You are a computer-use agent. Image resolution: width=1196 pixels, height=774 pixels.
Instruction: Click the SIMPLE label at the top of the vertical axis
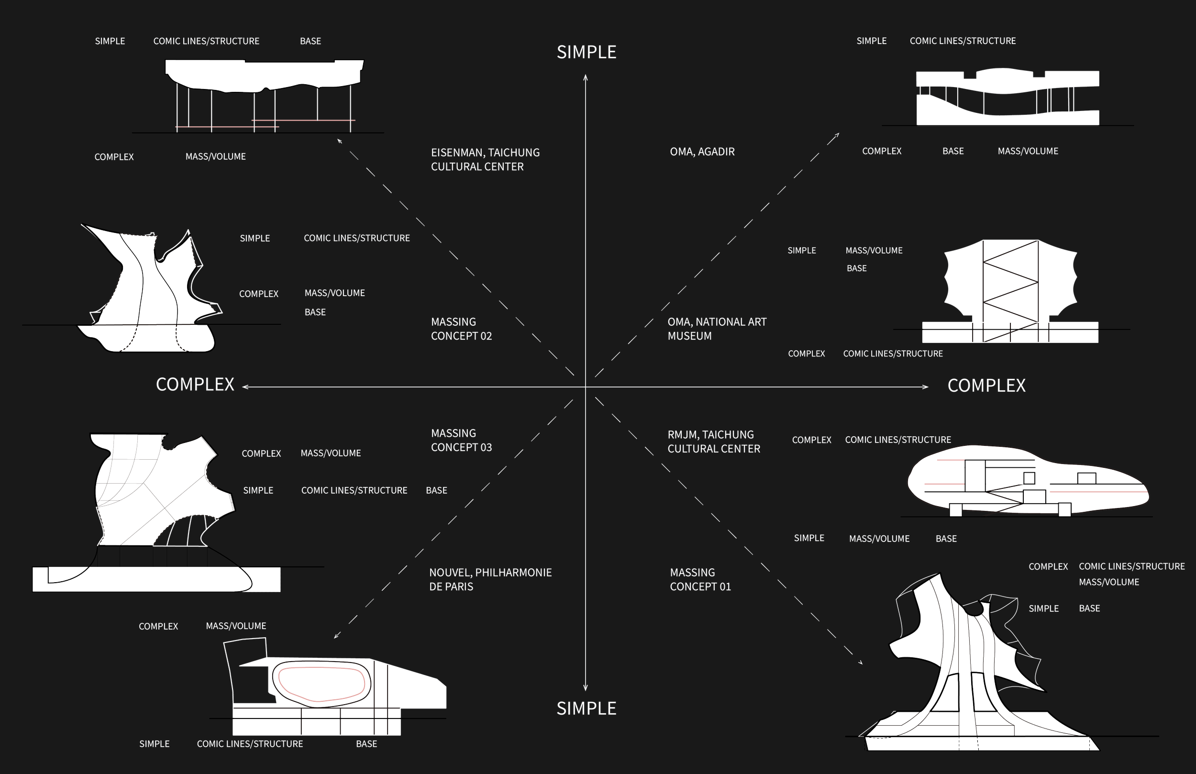[587, 52]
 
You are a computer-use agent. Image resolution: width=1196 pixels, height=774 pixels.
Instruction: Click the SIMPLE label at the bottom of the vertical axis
[587, 708]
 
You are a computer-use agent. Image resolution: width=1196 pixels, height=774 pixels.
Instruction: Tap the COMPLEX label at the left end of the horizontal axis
[195, 385]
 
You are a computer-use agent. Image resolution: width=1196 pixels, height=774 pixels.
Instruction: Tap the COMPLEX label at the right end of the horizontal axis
[986, 386]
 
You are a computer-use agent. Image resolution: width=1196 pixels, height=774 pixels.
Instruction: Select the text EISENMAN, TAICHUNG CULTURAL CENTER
[485, 159]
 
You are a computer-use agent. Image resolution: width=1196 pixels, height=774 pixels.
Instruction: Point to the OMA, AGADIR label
[702, 152]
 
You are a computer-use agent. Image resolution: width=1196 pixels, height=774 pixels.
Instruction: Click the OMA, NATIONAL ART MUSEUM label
[717, 329]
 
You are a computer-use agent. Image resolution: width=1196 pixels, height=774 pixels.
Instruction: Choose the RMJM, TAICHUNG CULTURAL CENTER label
[714, 441]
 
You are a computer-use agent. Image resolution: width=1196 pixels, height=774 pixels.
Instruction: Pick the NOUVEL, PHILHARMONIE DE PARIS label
[490, 579]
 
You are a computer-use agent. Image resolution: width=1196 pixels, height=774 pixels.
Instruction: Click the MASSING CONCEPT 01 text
[700, 579]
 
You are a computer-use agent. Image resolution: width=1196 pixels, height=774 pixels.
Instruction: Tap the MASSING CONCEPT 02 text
[461, 329]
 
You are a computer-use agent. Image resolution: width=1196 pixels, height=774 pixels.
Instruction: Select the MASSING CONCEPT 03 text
[461, 440]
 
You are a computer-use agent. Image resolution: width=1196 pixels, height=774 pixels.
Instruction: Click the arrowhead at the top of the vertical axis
[586, 77]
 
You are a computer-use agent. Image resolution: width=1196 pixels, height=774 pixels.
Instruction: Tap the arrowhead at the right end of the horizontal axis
[926, 387]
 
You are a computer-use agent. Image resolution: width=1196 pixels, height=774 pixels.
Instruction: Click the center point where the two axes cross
[586, 387]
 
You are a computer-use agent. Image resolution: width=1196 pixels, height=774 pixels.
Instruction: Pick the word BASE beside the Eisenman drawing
[310, 41]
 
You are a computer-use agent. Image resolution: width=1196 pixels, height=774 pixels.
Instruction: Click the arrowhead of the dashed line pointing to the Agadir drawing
[837, 135]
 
